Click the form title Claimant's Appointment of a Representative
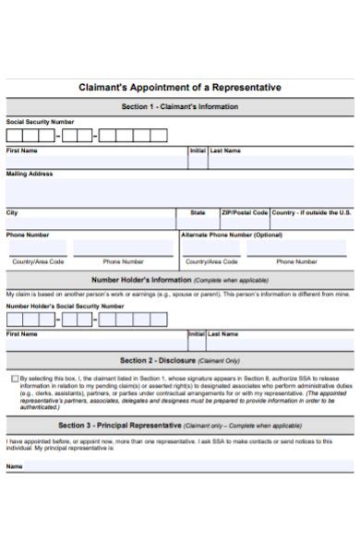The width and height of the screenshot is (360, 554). [x=180, y=87]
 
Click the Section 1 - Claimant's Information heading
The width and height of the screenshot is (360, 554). [x=180, y=107]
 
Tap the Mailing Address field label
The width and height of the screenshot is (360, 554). [x=30, y=173]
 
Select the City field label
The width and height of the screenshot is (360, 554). [x=12, y=212]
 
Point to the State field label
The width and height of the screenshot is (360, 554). [x=198, y=212]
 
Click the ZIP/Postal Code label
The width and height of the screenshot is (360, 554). [x=244, y=212]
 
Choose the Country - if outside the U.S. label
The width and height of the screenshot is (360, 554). [x=311, y=212]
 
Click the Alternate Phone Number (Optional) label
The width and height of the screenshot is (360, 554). [x=232, y=235]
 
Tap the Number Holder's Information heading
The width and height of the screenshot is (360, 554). [x=138, y=278]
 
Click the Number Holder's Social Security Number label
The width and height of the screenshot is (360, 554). [x=65, y=305]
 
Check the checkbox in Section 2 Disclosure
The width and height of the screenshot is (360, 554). [x=14, y=378]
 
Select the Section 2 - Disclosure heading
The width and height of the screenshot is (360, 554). [x=159, y=360]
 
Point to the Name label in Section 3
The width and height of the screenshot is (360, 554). [x=15, y=466]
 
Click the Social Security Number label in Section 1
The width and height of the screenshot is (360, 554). [x=40, y=122]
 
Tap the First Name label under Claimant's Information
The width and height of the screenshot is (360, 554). [x=22, y=150]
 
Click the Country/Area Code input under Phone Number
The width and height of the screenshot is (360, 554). [x=38, y=249]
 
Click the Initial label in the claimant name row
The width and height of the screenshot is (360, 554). [x=198, y=150]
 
